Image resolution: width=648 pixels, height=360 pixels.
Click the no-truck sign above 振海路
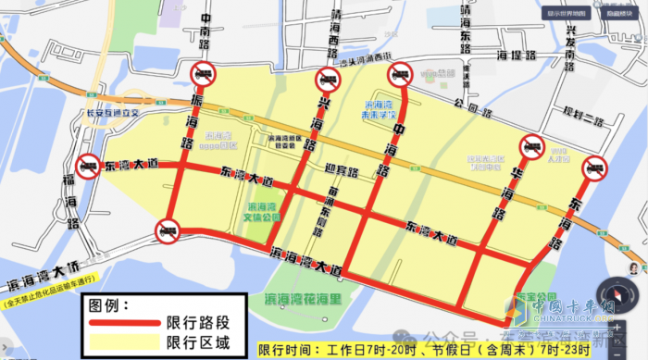point(203,74)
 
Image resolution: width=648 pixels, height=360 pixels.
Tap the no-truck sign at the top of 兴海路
point(326,78)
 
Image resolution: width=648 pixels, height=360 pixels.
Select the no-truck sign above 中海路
point(401,73)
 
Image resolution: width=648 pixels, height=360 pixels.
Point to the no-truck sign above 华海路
point(532,146)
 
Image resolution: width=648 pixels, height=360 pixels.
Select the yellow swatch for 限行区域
point(124,346)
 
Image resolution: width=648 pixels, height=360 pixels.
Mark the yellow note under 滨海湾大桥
point(51,302)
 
